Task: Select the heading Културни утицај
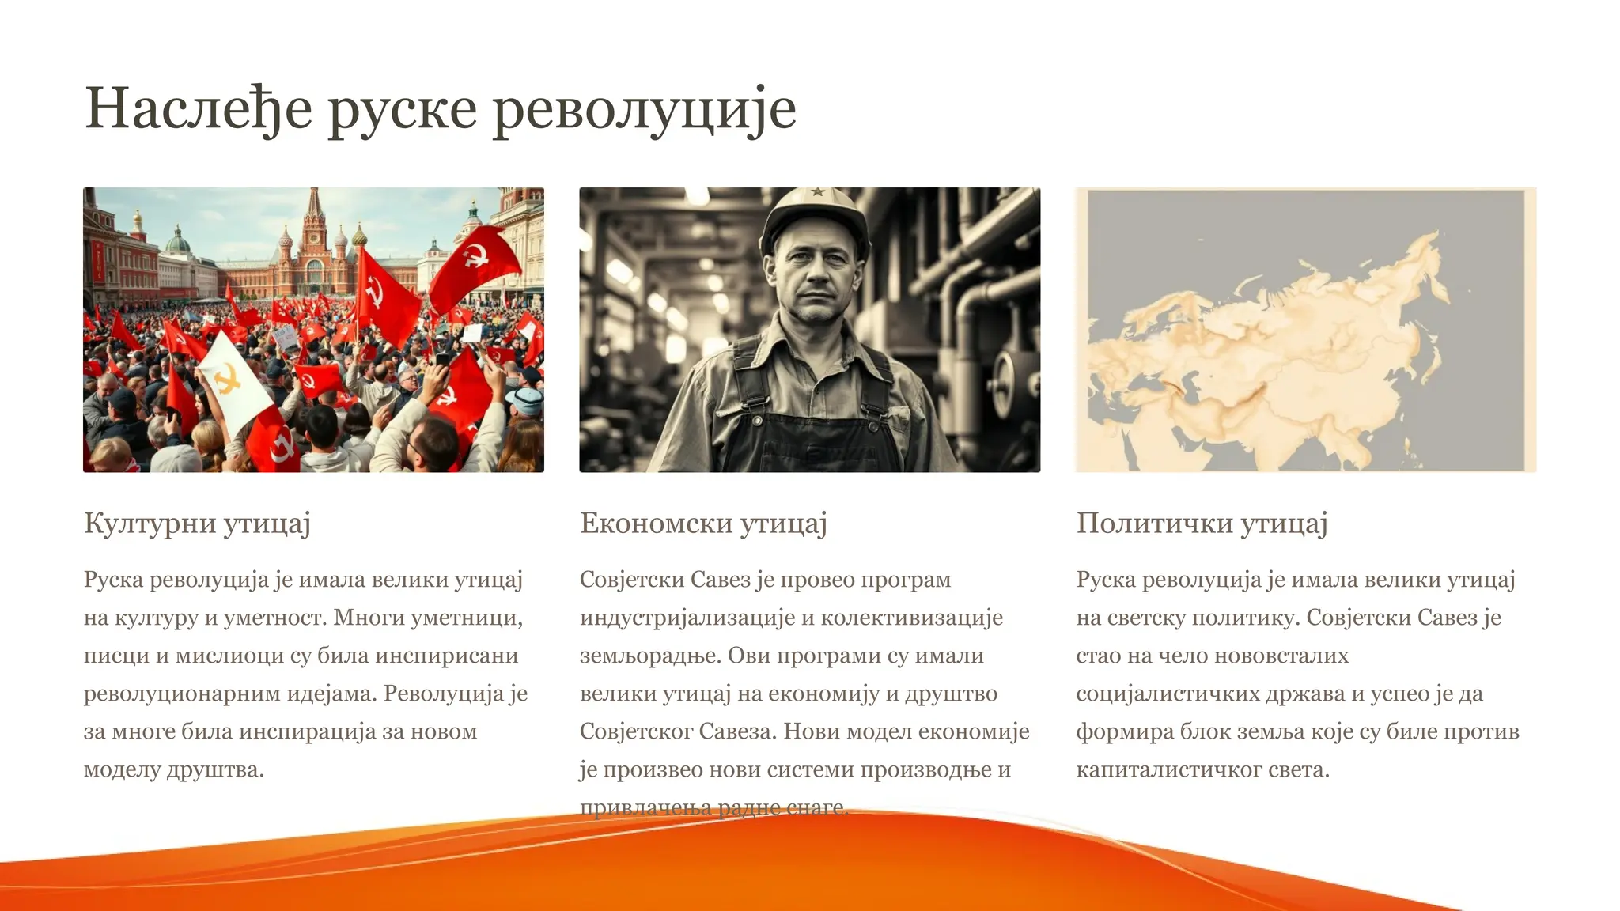(197, 523)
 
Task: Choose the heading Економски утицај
(703, 523)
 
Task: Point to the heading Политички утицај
(1202, 523)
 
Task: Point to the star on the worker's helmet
(817, 193)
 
